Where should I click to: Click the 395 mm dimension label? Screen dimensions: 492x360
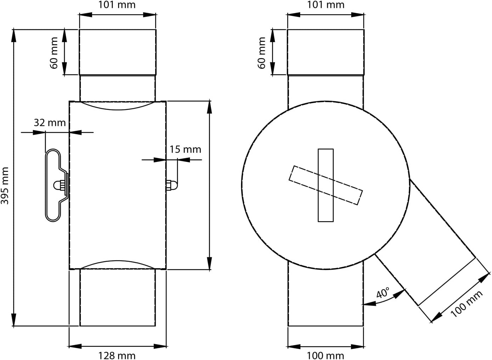click(5, 186)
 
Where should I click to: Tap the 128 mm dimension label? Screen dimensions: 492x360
click(117, 355)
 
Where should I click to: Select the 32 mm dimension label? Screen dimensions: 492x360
click(50, 123)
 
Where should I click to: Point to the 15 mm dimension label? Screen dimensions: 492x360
click(185, 150)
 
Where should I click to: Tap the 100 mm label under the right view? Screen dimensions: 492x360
click(325, 355)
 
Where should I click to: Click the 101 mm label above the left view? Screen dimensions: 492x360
click(117, 5)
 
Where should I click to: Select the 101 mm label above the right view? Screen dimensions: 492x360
click(326, 5)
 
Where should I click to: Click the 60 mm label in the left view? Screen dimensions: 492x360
click(54, 53)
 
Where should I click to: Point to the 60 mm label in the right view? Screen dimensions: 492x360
click(262, 53)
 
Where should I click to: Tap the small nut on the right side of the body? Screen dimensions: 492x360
click(172, 185)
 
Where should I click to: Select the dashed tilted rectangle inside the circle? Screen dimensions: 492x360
click(325, 185)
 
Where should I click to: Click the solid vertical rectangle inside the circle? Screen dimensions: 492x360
click(325, 185)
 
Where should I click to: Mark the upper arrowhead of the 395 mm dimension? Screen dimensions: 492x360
click(13, 35)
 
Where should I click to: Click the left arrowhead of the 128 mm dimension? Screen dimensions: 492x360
click(75, 347)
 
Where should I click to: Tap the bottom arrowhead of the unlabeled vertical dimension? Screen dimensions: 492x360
click(209, 263)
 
